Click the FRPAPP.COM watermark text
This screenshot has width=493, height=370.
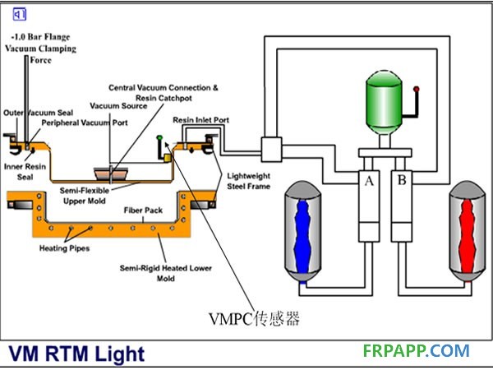click(416, 351)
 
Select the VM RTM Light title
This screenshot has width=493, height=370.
click(77, 354)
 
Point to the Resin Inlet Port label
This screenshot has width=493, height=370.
click(200, 120)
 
